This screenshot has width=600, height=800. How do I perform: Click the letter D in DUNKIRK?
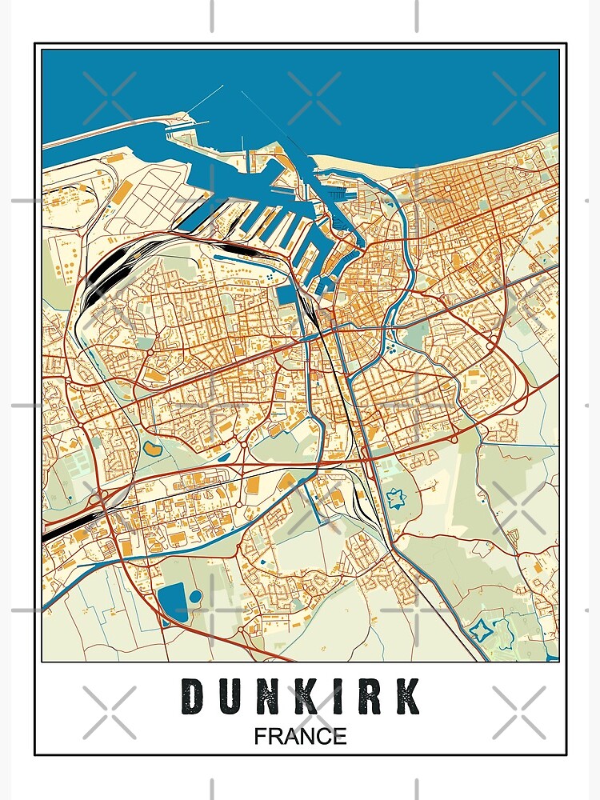point(193,696)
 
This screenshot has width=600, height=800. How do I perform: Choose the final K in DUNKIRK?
point(408,696)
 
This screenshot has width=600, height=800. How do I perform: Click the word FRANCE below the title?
point(301,736)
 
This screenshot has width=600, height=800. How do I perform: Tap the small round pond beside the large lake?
point(195,597)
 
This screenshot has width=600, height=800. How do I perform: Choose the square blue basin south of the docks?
point(286,294)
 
